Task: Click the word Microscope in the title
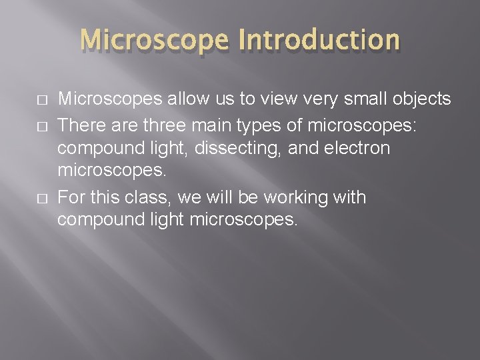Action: pyautogui.click(x=157, y=39)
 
